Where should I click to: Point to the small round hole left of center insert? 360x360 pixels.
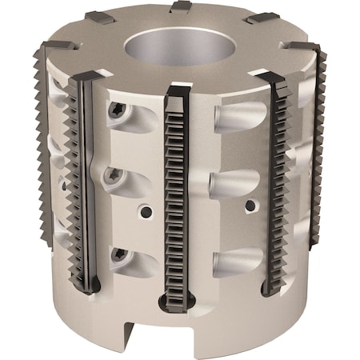[x=146, y=213]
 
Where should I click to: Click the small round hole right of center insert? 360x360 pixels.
[x=250, y=206]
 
